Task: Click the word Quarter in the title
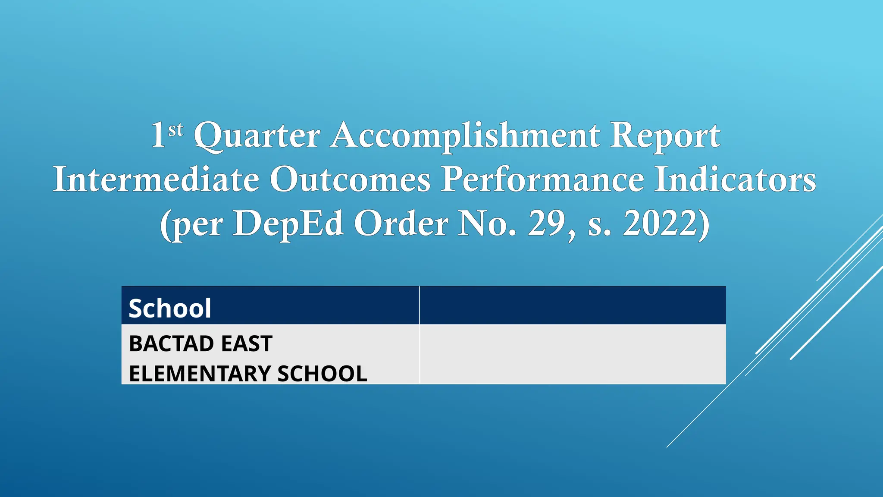tap(257, 135)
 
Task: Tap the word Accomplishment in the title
tap(465, 135)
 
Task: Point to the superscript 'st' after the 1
tap(175, 130)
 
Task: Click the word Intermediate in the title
tap(156, 179)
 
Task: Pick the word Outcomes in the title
tap(350, 179)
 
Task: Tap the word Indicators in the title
tap(735, 179)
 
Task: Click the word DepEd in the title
tap(288, 224)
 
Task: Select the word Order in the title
tap(401, 224)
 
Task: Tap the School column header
tap(170, 308)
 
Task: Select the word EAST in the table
tap(247, 344)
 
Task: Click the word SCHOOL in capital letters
tap(322, 374)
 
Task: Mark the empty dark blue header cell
tap(573, 305)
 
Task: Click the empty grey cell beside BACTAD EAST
tap(573, 354)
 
